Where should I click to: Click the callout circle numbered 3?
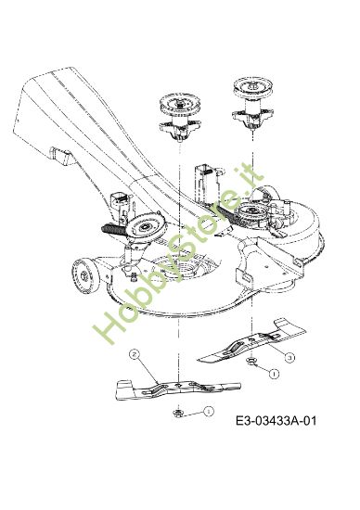(x=289, y=356)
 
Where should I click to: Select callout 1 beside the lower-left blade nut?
(x=209, y=411)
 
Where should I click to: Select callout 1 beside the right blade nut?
(x=274, y=373)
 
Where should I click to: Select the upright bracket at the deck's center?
(x=206, y=179)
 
